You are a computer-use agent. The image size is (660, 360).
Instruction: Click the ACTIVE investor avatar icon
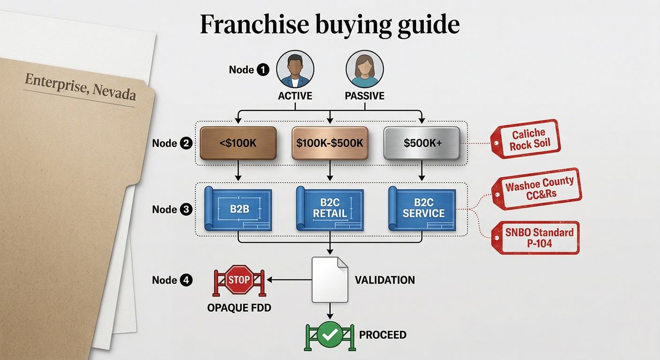(295, 69)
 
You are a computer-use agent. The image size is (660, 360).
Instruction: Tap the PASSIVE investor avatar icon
(365, 69)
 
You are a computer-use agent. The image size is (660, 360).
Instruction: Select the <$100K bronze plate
(238, 143)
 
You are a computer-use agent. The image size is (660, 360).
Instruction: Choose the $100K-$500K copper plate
(330, 143)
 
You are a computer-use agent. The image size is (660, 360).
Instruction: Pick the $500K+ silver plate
(421, 143)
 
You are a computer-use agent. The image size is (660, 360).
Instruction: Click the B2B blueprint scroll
(238, 209)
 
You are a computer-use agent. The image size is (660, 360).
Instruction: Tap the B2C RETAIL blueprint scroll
(330, 209)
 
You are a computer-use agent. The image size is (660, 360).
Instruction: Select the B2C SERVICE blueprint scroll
(422, 209)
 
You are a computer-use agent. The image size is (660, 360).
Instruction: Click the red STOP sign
(239, 279)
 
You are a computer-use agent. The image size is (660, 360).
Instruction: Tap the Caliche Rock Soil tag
(525, 139)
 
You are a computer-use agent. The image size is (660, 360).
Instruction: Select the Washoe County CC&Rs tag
(537, 189)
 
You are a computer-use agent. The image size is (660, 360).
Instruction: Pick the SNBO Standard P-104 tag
(535, 238)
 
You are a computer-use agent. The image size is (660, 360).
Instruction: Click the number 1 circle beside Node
(263, 70)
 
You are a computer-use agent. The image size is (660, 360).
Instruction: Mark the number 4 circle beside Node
(186, 280)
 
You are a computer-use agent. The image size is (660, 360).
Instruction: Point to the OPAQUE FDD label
(239, 308)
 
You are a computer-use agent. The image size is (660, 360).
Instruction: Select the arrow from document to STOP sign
(289, 279)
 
